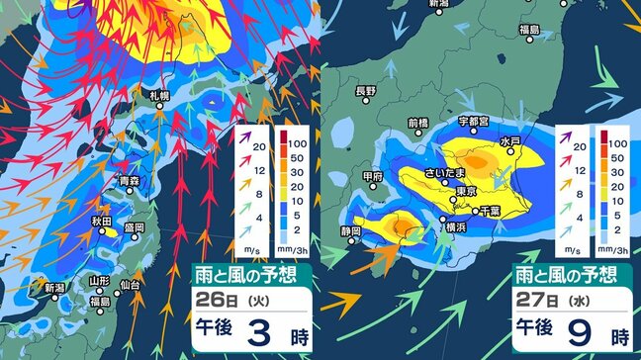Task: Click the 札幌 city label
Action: point(159,95)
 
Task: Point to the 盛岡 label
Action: point(135,227)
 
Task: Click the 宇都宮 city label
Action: point(475,121)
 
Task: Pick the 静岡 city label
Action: point(350,230)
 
